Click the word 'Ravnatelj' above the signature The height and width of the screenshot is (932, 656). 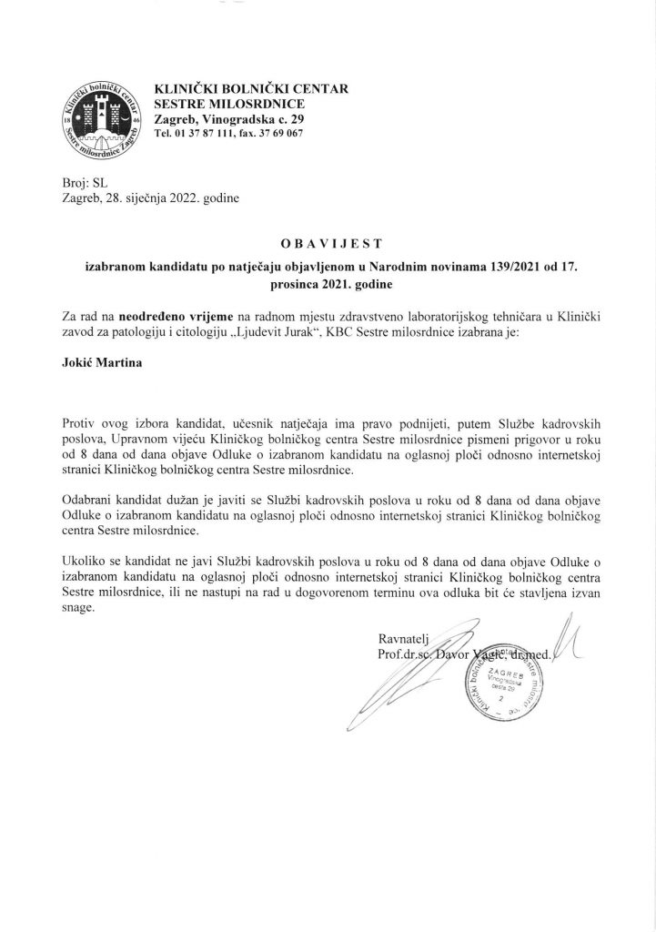coord(403,637)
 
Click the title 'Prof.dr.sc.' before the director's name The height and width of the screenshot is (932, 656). coord(403,653)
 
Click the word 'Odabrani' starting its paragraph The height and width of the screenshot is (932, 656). coord(89,501)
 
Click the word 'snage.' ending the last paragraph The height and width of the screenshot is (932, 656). coord(78,610)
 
